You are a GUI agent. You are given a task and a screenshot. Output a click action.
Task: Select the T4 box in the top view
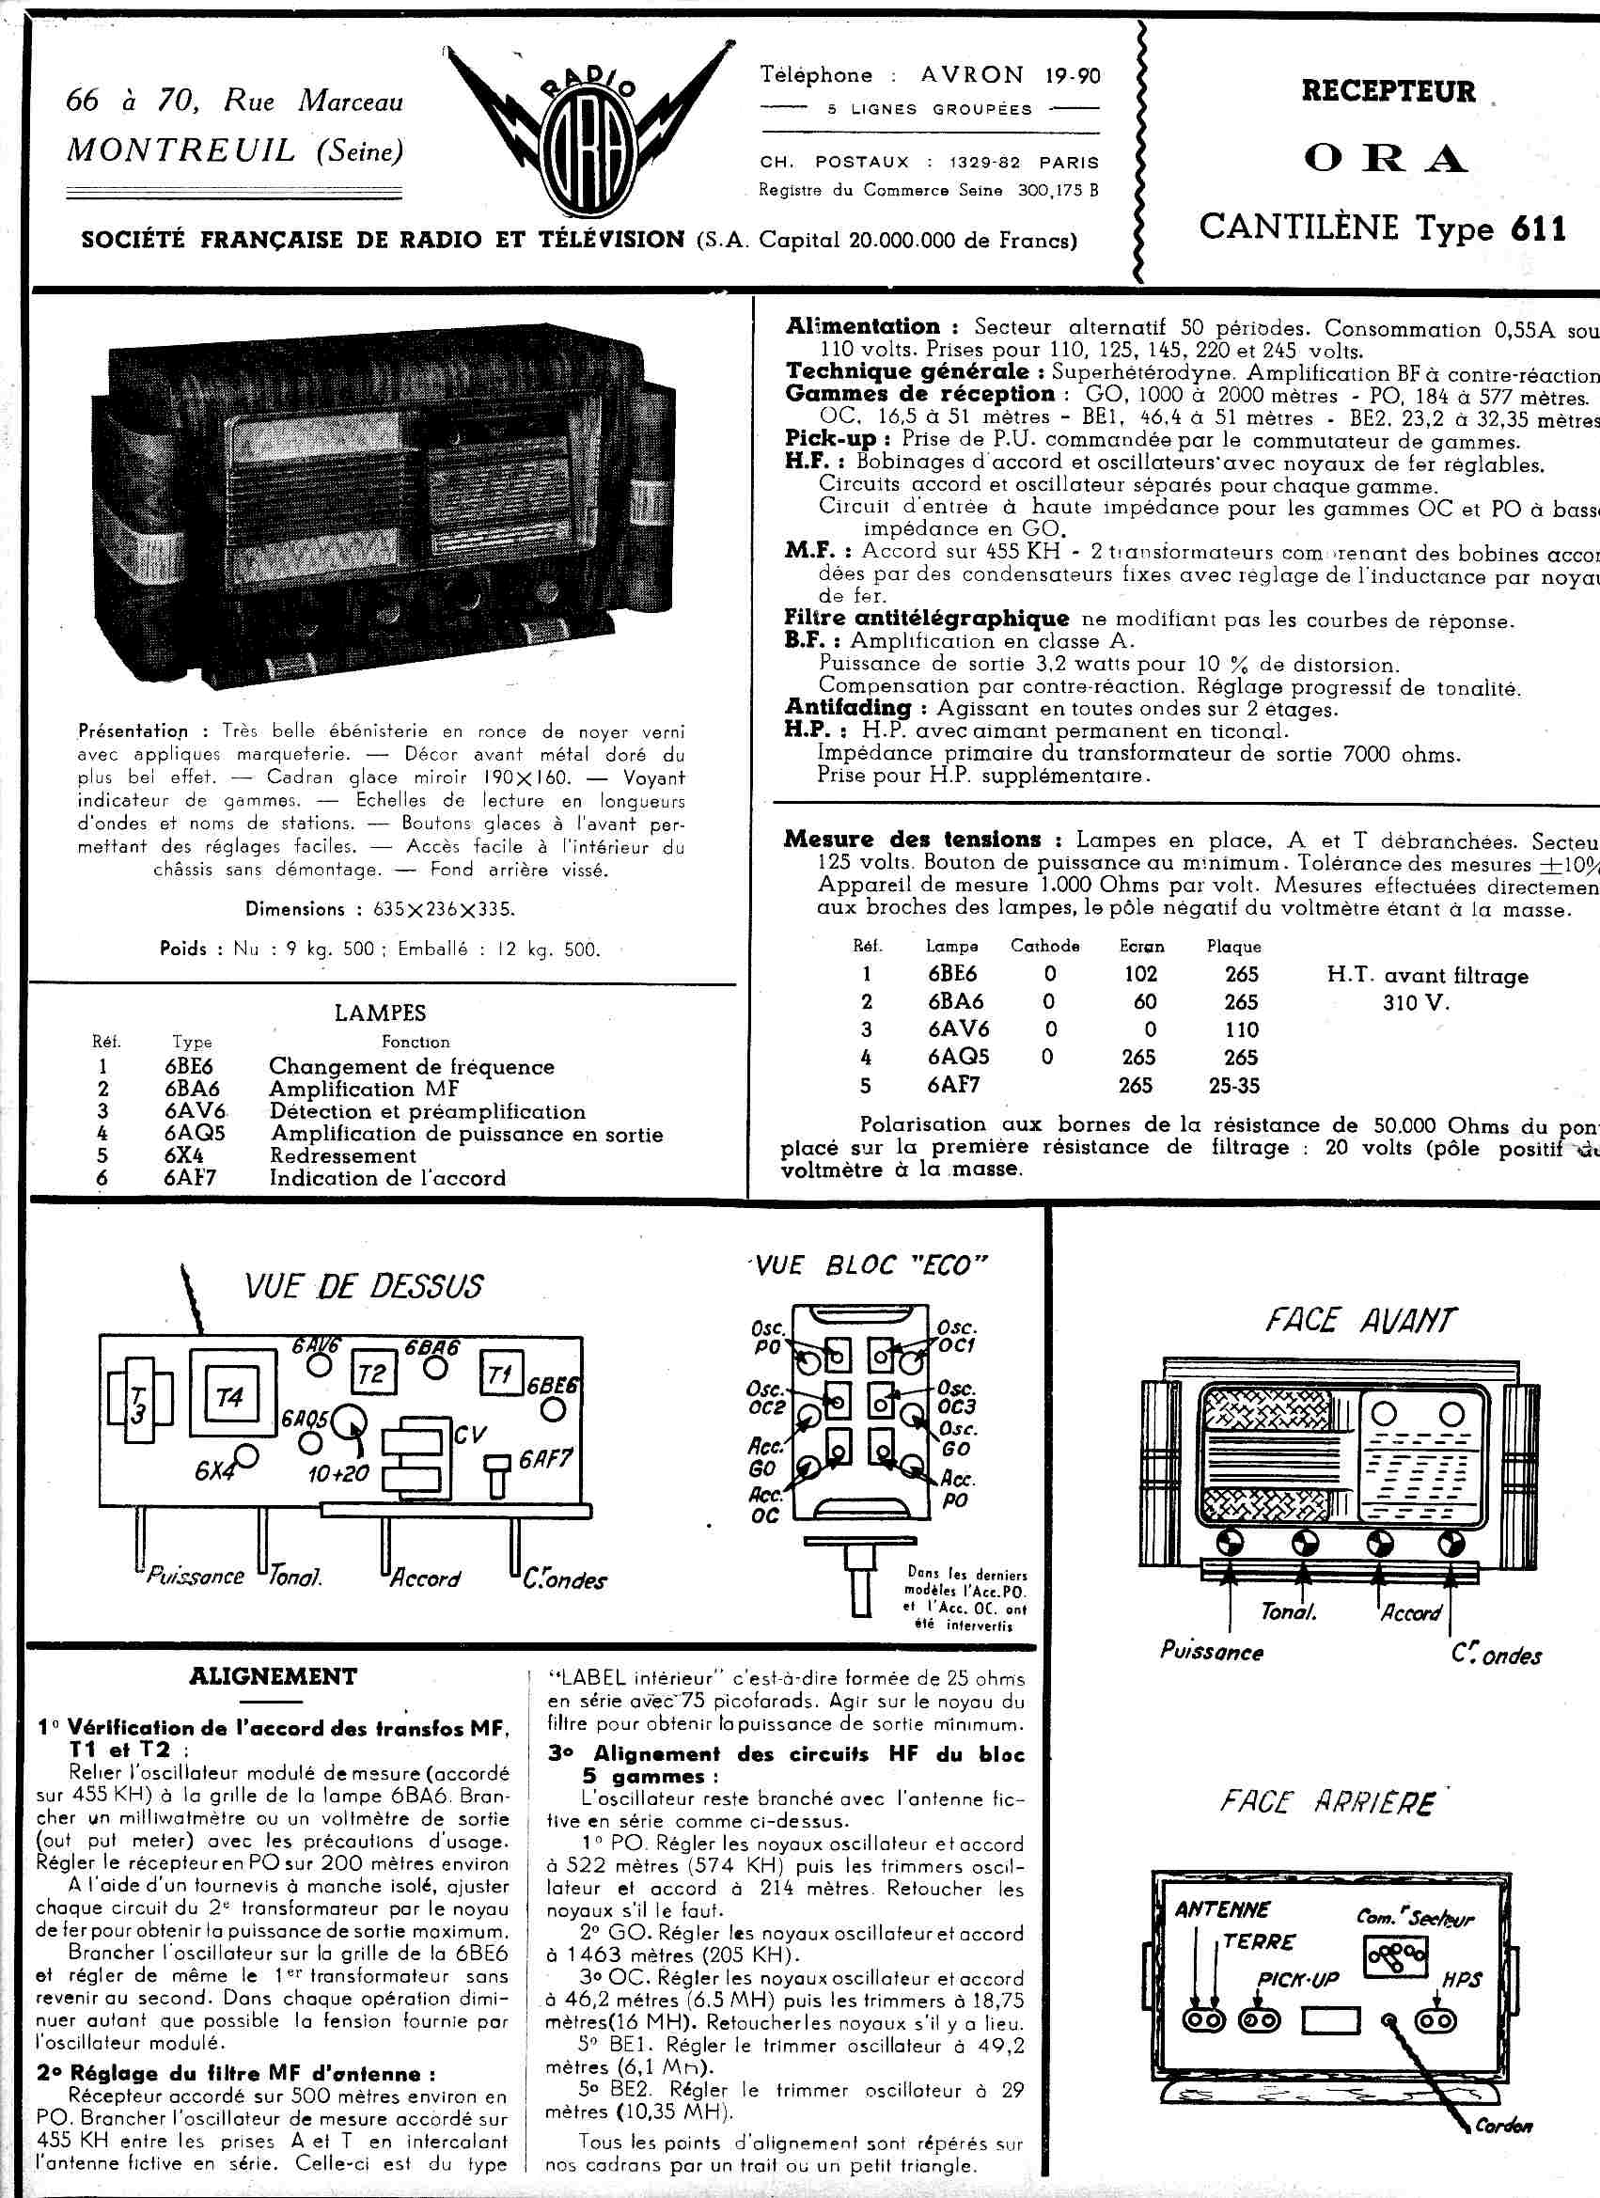pyautogui.click(x=229, y=1396)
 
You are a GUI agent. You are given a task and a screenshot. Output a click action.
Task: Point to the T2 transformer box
pyautogui.click(x=371, y=1373)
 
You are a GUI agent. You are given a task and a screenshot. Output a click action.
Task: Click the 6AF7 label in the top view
pyautogui.click(x=544, y=1457)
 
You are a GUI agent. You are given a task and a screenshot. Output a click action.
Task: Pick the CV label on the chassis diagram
pyautogui.click(x=470, y=1434)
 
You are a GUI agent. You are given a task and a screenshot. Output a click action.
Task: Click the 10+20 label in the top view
pyautogui.click(x=338, y=1473)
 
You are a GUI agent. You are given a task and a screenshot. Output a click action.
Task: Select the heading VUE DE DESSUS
pyautogui.click(x=364, y=1286)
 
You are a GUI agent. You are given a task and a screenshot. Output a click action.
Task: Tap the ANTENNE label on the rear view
pyautogui.click(x=1222, y=1909)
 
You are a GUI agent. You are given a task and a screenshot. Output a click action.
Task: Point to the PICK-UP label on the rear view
pyautogui.click(x=1297, y=1979)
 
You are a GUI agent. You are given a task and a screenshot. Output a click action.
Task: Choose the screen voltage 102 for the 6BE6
pyautogui.click(x=1140, y=973)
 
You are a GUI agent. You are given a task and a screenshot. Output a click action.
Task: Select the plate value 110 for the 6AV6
pyautogui.click(x=1241, y=1029)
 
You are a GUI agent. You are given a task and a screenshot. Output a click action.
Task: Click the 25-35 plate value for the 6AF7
pyautogui.click(x=1233, y=1086)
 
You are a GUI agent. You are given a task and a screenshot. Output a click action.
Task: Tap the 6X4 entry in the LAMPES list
pyautogui.click(x=183, y=1155)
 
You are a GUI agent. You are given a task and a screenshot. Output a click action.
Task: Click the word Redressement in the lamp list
pyautogui.click(x=343, y=1155)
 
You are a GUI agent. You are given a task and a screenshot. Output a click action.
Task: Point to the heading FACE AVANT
pyautogui.click(x=1359, y=1320)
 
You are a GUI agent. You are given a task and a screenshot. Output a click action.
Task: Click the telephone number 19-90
pyautogui.click(x=1073, y=74)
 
